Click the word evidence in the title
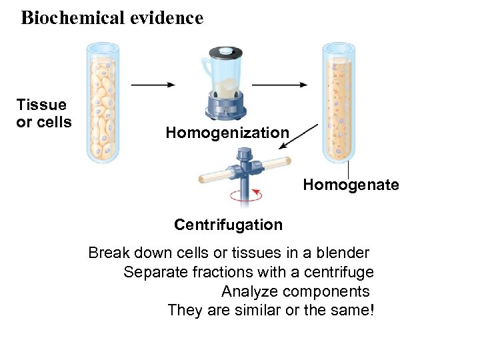pos(166,18)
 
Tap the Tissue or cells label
pos(43,113)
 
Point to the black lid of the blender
pos(226,53)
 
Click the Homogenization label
pos(227,133)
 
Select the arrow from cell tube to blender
pos(153,85)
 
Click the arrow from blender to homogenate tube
pos(279,85)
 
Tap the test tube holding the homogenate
pos(339,103)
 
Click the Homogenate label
pos(351,185)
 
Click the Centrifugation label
pos(228,225)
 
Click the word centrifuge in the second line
pos(339,272)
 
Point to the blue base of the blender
pos(226,107)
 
